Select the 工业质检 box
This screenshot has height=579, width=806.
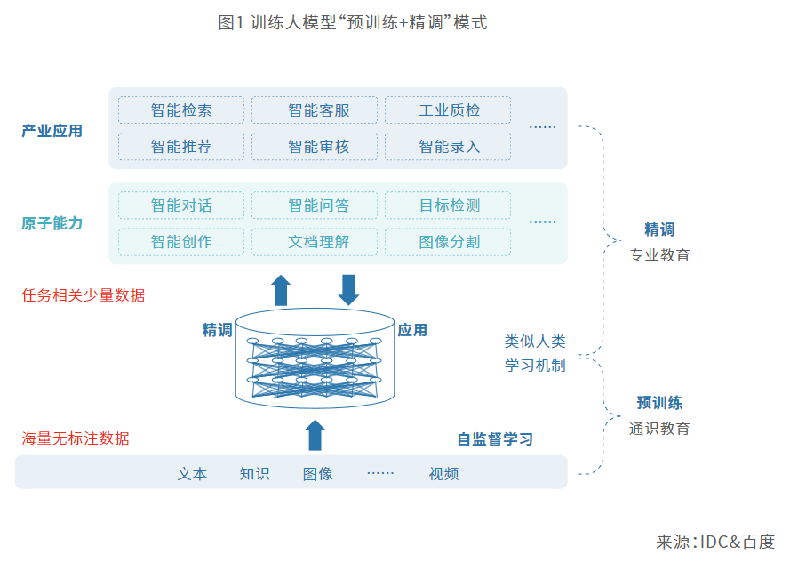tap(448, 110)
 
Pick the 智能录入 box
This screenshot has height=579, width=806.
tap(448, 147)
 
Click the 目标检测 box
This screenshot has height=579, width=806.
tap(448, 205)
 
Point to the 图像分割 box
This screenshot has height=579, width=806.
tap(448, 242)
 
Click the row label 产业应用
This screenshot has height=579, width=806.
tap(52, 131)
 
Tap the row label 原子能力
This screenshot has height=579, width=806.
tap(52, 223)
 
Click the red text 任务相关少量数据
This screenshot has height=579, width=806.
tap(84, 295)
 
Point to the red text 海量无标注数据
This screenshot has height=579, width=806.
tap(76, 438)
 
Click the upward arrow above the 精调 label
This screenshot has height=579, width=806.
tap(281, 290)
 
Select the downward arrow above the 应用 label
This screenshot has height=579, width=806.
tap(348, 290)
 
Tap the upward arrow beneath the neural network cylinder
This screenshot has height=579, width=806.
tap(315, 435)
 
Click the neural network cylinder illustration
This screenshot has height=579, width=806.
tap(315, 356)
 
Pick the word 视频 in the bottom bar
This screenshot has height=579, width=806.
tap(443, 474)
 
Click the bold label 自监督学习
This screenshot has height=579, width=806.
tap(495, 439)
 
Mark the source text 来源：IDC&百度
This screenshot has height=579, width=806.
tap(714, 543)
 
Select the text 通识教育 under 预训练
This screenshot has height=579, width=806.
tap(659, 429)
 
